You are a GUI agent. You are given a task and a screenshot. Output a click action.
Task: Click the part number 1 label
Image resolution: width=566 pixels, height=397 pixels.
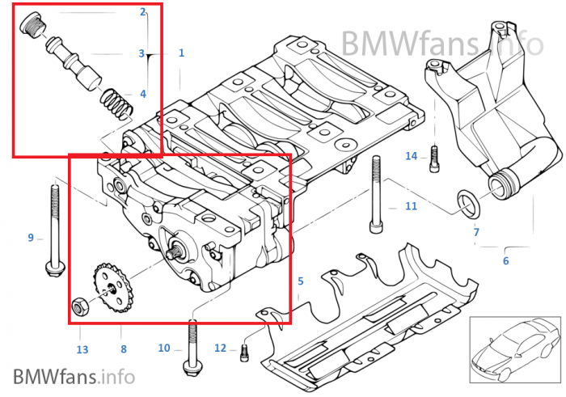(181, 53)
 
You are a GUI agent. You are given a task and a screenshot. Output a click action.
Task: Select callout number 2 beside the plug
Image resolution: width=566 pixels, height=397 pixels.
(143, 12)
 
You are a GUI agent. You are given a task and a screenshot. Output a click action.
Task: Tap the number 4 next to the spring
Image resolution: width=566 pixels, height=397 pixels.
(143, 94)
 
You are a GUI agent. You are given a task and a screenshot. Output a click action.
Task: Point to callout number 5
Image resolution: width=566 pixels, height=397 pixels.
(300, 281)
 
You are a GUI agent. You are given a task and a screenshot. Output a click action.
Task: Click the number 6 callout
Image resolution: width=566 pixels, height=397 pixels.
(506, 260)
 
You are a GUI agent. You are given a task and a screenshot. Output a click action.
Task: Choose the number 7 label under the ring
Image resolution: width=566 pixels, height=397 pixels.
(476, 232)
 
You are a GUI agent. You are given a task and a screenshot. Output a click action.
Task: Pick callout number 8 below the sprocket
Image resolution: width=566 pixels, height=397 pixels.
(123, 349)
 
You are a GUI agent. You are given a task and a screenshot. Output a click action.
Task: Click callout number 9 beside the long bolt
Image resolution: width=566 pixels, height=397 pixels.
(31, 238)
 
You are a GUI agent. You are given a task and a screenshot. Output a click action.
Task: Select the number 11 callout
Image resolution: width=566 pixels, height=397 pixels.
(411, 206)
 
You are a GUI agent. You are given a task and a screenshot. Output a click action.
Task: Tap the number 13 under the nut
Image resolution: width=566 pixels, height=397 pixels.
(82, 349)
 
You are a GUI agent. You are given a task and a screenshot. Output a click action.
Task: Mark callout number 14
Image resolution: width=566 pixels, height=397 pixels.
(411, 156)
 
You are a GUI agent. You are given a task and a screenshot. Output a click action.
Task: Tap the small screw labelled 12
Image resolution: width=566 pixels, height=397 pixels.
(244, 350)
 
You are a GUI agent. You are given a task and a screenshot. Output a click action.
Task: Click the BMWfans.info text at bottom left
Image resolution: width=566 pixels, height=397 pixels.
(74, 376)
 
